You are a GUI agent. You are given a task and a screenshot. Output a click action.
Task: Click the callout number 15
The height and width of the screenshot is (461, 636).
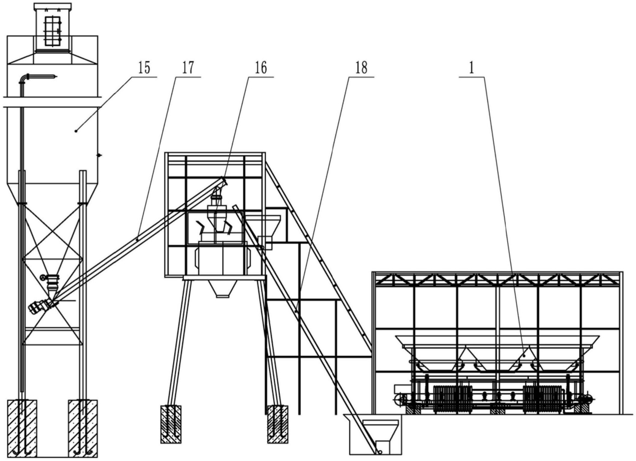point(144,68)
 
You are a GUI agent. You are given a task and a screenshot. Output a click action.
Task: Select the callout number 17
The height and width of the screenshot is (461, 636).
point(188,68)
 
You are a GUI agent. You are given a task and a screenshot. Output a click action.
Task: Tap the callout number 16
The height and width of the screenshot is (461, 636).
point(261,68)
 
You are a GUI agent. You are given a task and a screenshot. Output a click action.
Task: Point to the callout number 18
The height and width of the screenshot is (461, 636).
point(361,68)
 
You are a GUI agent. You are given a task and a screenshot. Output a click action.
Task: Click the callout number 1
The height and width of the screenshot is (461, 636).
point(471,68)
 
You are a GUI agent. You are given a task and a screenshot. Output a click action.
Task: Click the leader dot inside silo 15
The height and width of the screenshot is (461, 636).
point(76,131)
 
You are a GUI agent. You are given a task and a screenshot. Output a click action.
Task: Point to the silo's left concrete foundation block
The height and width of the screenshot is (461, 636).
point(22,428)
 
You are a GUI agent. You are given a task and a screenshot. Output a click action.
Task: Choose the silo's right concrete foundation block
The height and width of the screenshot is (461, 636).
point(83,428)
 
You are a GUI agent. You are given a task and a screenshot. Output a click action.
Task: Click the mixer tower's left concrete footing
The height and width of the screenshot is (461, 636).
point(171,424)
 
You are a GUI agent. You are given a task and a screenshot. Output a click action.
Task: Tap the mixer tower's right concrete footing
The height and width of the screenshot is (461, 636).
point(278,424)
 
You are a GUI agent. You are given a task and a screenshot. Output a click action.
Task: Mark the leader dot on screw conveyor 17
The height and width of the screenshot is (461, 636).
point(137,239)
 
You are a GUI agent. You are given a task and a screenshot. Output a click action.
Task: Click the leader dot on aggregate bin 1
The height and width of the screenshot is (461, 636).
point(524,356)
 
